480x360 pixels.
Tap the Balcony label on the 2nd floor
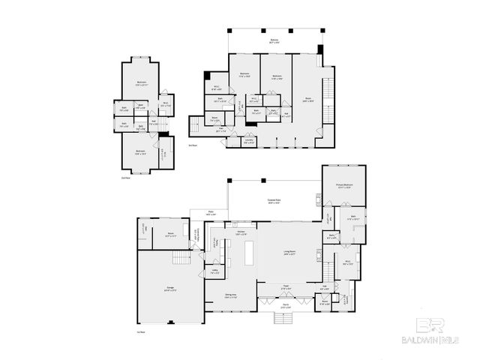click(274, 40)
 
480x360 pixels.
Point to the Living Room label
click(289, 253)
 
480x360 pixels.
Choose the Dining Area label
click(229, 297)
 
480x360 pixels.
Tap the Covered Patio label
click(274, 200)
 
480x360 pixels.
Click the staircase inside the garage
click(180, 260)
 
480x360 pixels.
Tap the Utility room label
click(214, 273)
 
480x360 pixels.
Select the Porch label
click(285, 306)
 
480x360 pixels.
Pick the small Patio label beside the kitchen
click(211, 213)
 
